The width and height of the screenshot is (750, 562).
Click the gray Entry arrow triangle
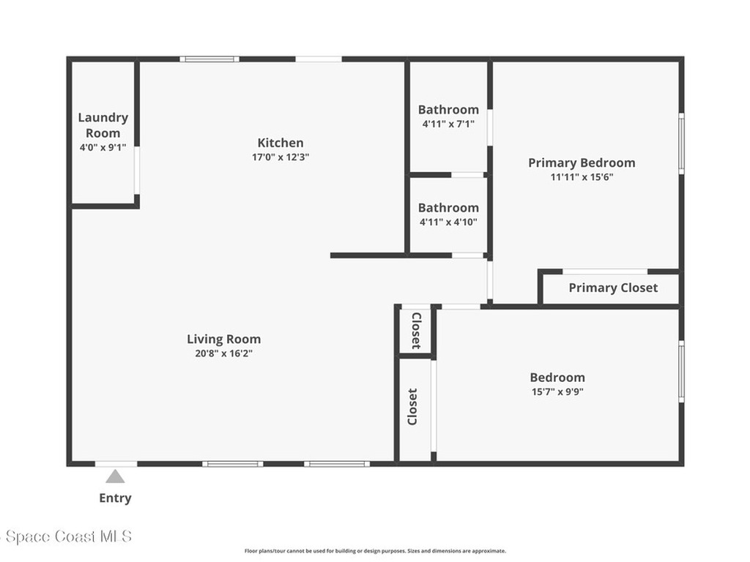point(115,476)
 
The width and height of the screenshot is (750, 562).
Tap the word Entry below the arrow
point(115,498)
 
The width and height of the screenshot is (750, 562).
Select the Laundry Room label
point(103,125)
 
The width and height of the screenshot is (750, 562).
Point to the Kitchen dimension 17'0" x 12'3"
point(281,157)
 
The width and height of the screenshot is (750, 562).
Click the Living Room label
point(224,340)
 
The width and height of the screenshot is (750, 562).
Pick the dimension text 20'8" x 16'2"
point(224,353)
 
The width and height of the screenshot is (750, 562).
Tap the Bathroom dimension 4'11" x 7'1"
point(448,124)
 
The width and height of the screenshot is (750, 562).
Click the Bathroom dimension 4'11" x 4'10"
point(448,222)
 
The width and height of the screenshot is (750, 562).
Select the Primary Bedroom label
point(582,163)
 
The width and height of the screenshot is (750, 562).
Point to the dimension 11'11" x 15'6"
point(582,177)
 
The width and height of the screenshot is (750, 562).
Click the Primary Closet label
point(613,288)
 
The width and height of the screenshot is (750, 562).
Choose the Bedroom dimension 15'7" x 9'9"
point(557,392)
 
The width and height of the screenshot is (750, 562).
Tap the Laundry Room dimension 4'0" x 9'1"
point(103,148)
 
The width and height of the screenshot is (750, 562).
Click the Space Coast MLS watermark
point(66,536)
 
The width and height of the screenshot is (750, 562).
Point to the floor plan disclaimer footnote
point(375,551)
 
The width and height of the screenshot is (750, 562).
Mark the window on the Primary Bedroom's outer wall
point(682,143)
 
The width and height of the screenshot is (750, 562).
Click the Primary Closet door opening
point(604,271)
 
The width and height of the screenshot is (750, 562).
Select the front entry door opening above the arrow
point(116,463)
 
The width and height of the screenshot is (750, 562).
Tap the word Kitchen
point(281,143)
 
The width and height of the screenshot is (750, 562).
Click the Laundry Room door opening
point(137,170)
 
